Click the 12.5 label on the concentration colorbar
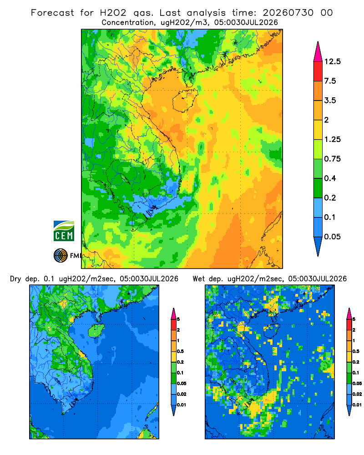[x=332, y=61]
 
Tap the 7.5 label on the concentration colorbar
[x=330, y=81]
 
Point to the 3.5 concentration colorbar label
[x=330, y=101]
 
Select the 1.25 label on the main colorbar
[x=332, y=139]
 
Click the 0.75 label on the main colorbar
[x=332, y=159]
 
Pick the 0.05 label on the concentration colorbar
[x=332, y=237]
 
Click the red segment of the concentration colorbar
[x=318, y=71]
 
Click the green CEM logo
[x=64, y=231]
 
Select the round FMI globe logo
[x=61, y=255]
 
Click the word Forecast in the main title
[x=52, y=13]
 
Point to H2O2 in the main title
[x=113, y=13]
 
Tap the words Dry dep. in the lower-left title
[x=25, y=279]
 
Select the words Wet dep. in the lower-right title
[x=207, y=279]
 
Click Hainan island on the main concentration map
[x=185, y=101]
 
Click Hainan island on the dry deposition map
[x=96, y=330]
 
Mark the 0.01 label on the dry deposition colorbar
[x=182, y=405]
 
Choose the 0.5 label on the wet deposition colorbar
[x=355, y=351]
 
